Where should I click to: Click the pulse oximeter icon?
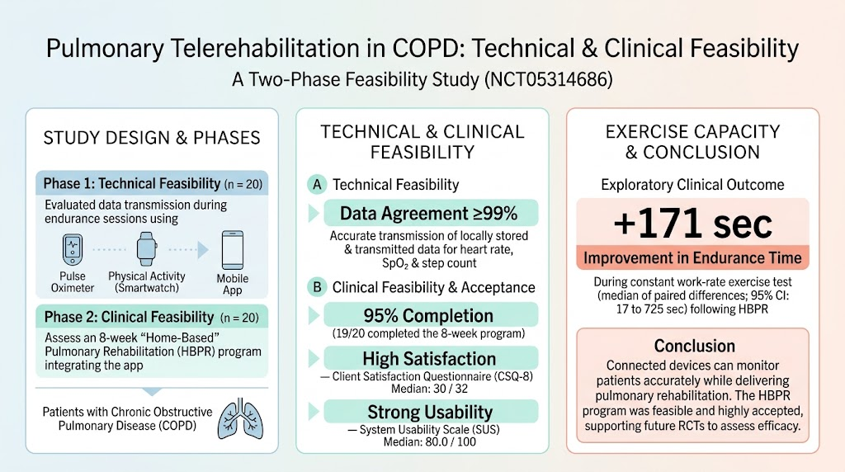coord(73,249)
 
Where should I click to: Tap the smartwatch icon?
coord(147,248)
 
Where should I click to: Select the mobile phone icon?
coord(232,250)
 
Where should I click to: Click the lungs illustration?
coord(240,418)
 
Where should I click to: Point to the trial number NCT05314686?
coord(549,80)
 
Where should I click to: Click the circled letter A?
coord(317,185)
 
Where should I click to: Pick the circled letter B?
coord(317,287)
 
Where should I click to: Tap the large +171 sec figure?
coord(692,224)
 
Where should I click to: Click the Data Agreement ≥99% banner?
coord(431,214)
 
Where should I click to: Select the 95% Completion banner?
coord(431,314)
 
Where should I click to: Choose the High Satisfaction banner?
coord(431,358)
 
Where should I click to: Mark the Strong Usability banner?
coord(431,412)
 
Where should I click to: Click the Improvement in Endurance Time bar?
coord(692,257)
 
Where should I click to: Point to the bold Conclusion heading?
coord(694,346)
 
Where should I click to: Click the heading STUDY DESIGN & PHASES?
coord(152,138)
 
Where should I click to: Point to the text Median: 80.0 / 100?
coord(429,442)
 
